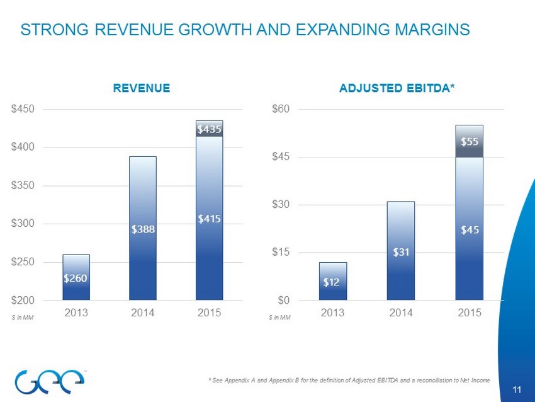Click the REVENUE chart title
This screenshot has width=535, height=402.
click(142, 89)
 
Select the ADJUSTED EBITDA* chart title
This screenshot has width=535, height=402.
click(397, 89)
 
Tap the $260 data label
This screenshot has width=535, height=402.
click(76, 278)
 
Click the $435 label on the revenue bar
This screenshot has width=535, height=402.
click(209, 129)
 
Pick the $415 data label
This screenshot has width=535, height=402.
click(209, 219)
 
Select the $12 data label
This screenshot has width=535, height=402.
click(332, 282)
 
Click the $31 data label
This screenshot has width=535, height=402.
click(401, 252)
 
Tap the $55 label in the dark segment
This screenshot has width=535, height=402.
click(469, 142)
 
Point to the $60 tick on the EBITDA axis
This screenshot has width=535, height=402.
click(281, 109)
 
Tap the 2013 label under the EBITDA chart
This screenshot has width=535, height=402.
click(333, 313)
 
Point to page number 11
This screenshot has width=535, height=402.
click(517, 390)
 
